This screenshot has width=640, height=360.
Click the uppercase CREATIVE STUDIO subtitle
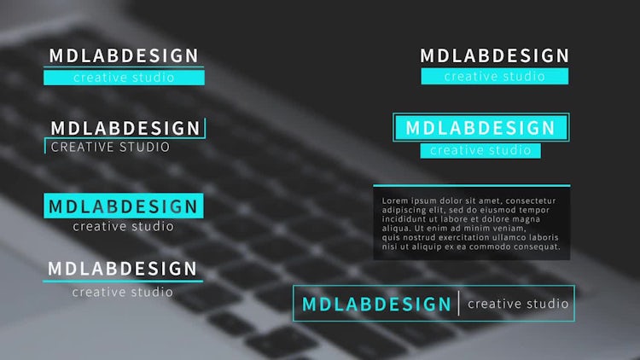(110, 147)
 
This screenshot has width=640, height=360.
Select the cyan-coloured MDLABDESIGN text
(376, 304)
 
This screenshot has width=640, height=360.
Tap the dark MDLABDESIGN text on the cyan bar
(123, 206)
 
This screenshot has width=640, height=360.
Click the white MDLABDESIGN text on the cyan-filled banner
(480, 128)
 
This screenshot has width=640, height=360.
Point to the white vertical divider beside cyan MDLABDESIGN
(459, 303)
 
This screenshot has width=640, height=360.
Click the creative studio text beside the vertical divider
(518, 304)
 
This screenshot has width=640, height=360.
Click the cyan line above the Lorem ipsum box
(471, 186)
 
